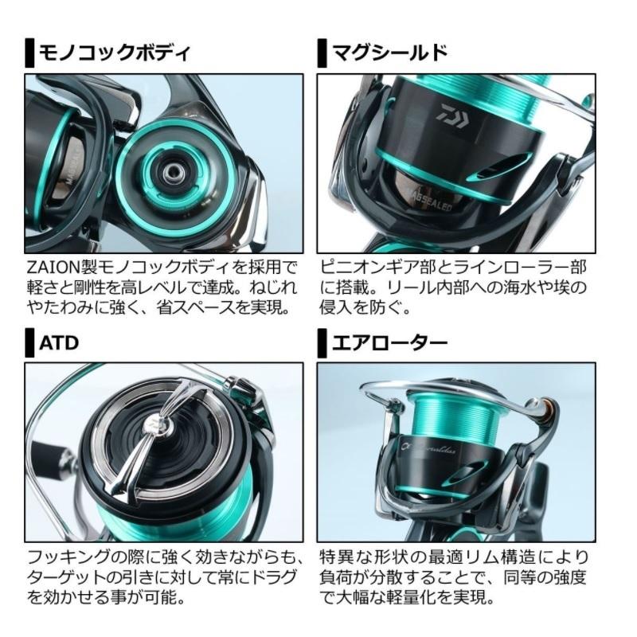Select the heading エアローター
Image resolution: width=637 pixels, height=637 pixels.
pos(389,344)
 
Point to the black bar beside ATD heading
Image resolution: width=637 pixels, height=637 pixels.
pos(29,345)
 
